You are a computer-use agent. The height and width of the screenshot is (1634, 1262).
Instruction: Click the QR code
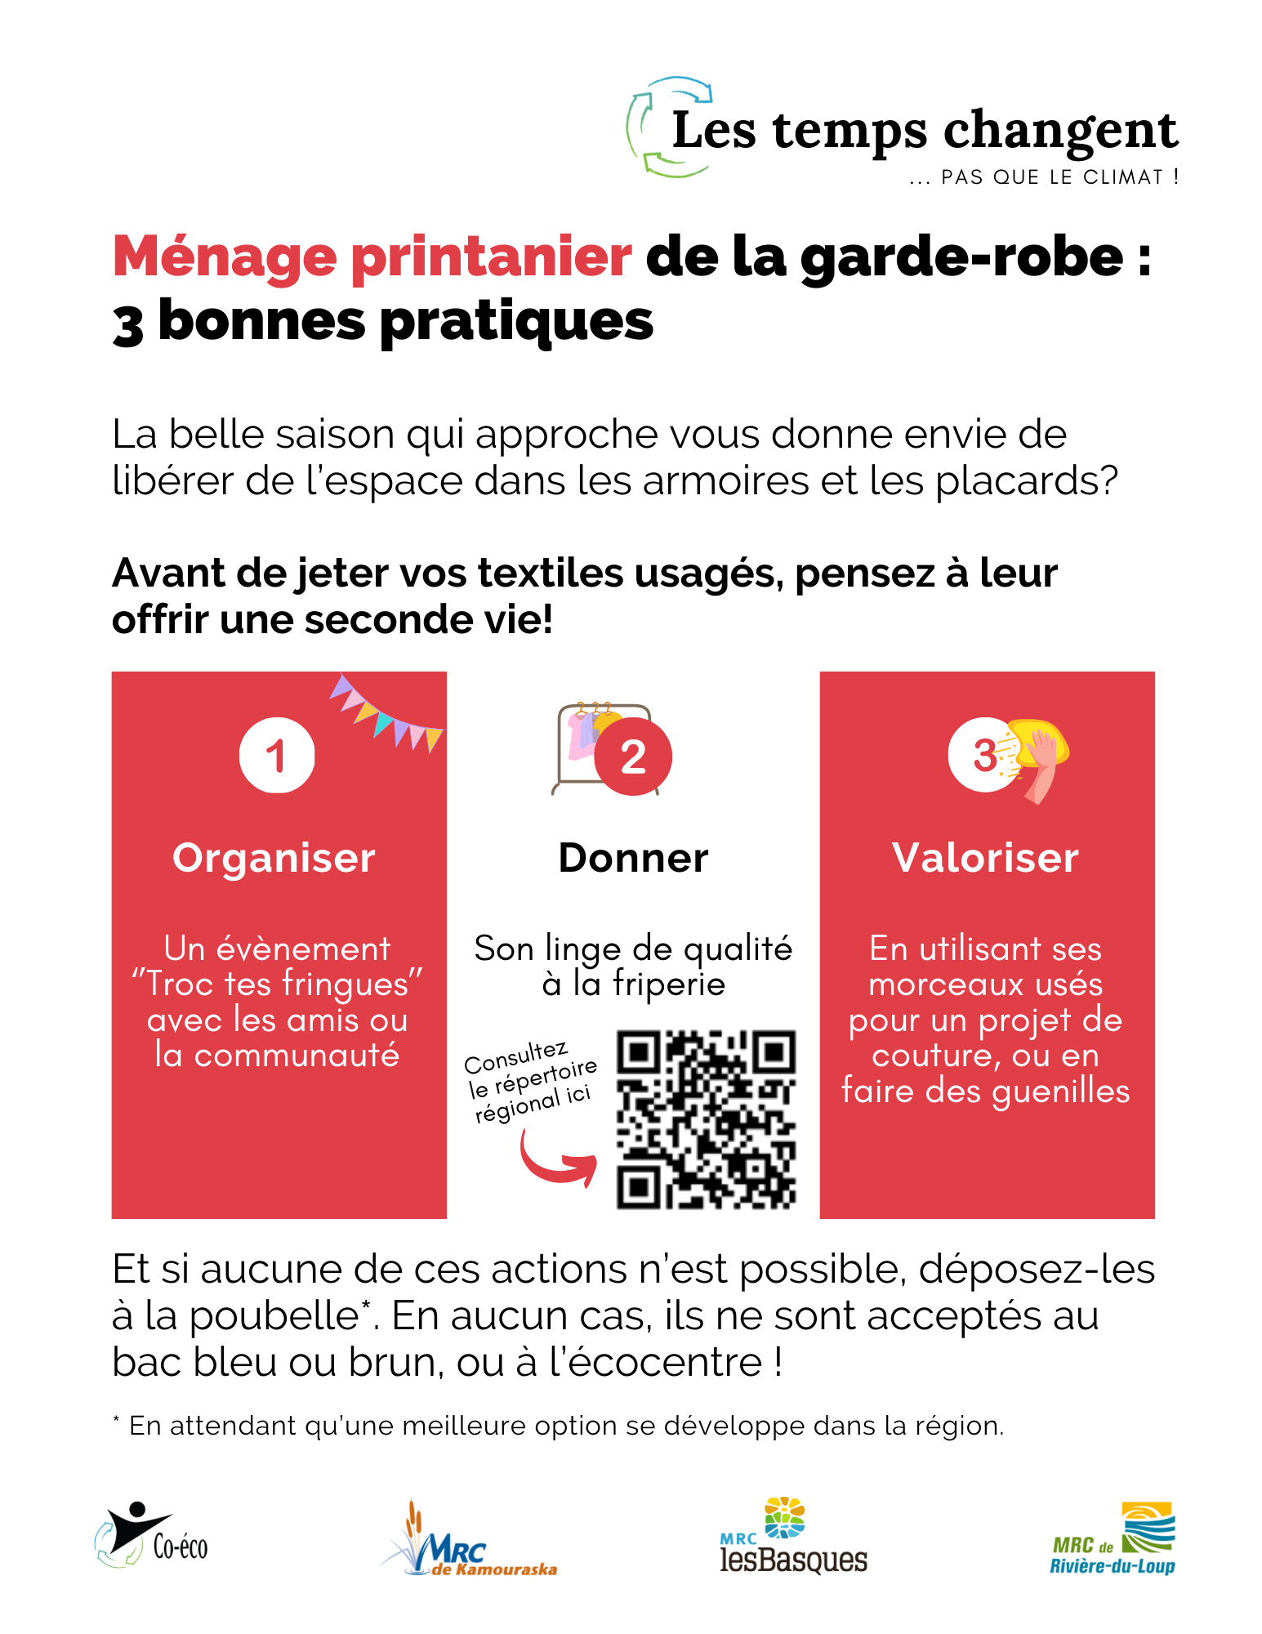[x=706, y=1119]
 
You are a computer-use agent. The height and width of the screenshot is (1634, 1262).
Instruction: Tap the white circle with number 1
[x=277, y=755]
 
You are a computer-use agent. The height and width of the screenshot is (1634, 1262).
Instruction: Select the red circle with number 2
[x=633, y=757]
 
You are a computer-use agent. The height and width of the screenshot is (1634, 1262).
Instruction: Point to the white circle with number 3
[x=983, y=755]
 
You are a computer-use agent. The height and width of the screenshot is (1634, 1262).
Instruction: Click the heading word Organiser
[x=274, y=859]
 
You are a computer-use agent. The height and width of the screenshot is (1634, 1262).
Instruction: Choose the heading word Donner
[x=633, y=858]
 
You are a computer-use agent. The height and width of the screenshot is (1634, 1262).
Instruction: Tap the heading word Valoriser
[x=985, y=858]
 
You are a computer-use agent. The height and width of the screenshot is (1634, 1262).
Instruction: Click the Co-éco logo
[x=151, y=1535]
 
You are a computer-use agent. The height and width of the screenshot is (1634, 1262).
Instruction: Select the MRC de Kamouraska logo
[x=469, y=1539]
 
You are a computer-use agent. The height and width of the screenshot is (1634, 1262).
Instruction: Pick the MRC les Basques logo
[x=793, y=1536]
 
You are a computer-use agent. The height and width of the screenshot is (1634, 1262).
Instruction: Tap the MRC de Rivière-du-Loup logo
[x=1113, y=1538]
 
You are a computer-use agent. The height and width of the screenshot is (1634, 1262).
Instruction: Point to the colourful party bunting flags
[x=386, y=712]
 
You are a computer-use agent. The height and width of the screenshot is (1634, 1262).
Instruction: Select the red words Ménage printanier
[x=372, y=257]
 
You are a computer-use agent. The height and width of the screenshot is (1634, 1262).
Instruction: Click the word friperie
[x=668, y=984]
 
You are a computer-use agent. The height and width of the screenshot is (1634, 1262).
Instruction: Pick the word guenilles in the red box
[x=1061, y=1092]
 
